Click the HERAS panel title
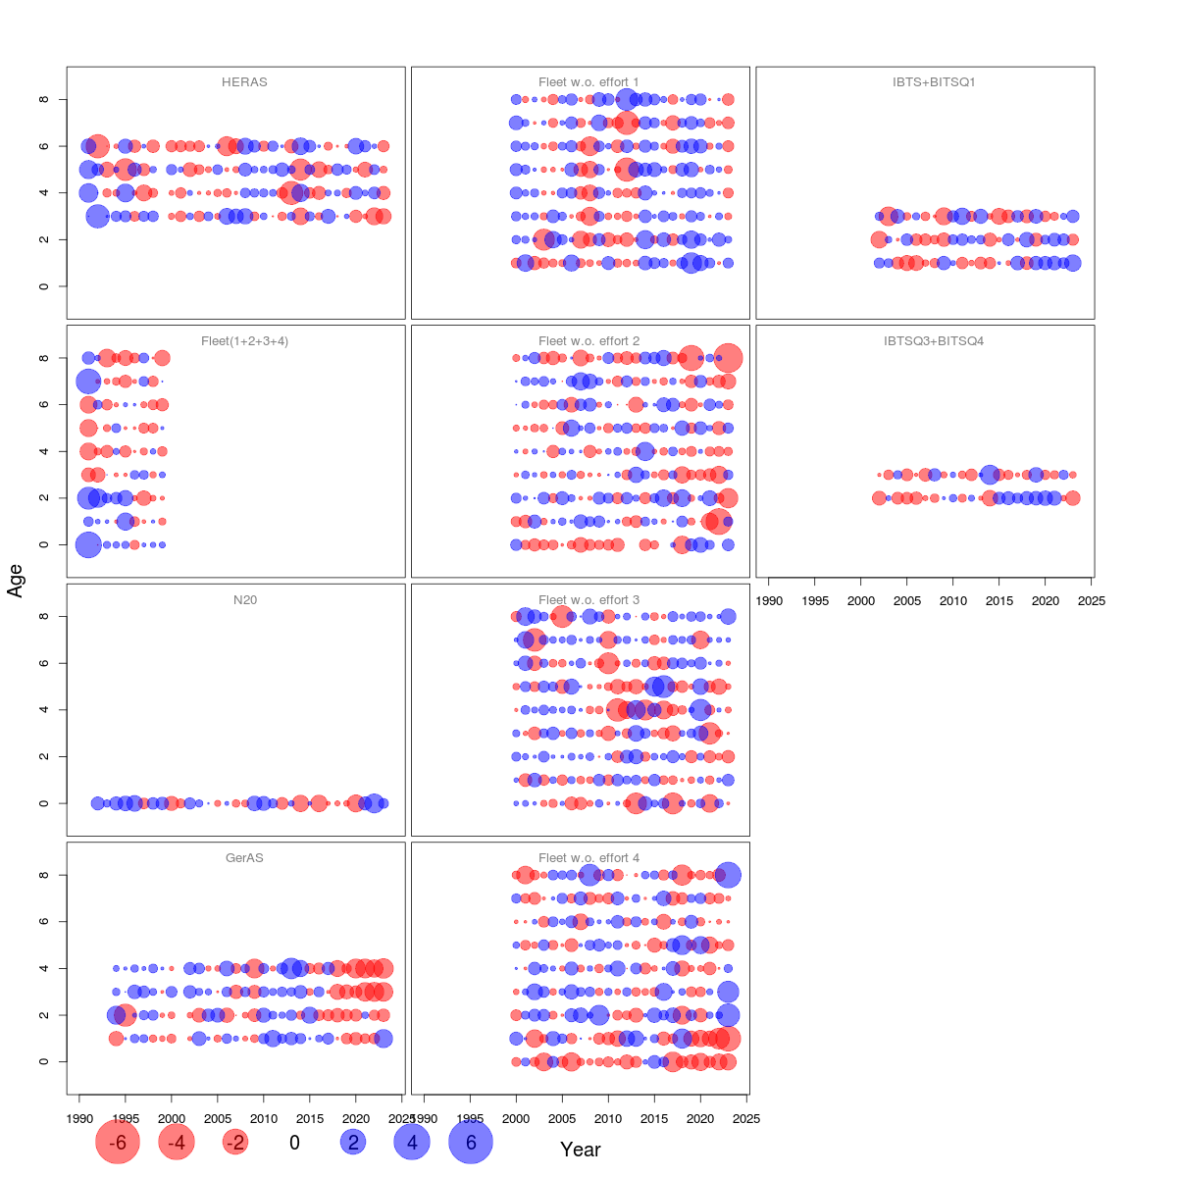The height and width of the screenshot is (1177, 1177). pyautogui.click(x=244, y=82)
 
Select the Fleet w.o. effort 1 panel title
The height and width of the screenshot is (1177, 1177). pyautogui.click(x=588, y=82)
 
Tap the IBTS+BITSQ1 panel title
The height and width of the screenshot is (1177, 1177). pyautogui.click(x=934, y=82)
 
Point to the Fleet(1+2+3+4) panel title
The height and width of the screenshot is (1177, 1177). pyautogui.click(x=244, y=341)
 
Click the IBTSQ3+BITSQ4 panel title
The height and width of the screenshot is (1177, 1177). pyautogui.click(x=934, y=341)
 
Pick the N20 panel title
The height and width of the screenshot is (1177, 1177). pyautogui.click(x=244, y=600)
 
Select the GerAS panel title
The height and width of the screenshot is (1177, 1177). pyautogui.click(x=244, y=858)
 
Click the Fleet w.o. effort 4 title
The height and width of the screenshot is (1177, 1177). pyautogui.click(x=588, y=858)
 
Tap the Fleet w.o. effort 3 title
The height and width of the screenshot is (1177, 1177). pyautogui.click(x=588, y=600)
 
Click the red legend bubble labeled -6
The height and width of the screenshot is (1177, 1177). pyautogui.click(x=118, y=1143)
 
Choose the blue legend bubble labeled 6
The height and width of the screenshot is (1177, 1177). pyautogui.click(x=471, y=1143)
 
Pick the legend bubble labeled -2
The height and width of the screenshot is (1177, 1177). pyautogui.click(x=235, y=1143)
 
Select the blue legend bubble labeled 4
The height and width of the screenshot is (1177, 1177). pyautogui.click(x=412, y=1143)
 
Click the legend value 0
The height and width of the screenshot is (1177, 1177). pyautogui.click(x=294, y=1143)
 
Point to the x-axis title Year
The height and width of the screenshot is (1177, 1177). pyautogui.click(x=580, y=1150)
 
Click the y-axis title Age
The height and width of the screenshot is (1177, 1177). pyautogui.click(x=15, y=581)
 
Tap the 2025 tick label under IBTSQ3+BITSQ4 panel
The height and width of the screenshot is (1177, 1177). pyautogui.click(x=1091, y=601)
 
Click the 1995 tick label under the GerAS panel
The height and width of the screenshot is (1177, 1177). pyautogui.click(x=125, y=1119)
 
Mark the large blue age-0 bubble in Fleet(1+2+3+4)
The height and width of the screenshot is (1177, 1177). pyautogui.click(x=88, y=544)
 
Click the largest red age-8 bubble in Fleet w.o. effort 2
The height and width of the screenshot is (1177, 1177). pyautogui.click(x=728, y=358)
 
